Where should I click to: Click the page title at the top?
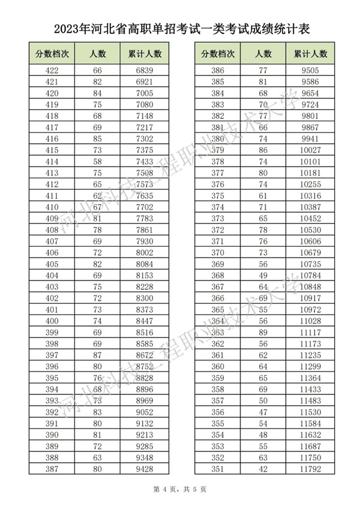click(179, 28)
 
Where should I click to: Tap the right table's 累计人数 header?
click(311, 53)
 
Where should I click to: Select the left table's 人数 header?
click(98, 53)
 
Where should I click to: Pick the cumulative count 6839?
click(145, 70)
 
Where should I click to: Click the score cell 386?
click(217, 70)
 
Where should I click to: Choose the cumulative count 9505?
click(311, 70)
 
